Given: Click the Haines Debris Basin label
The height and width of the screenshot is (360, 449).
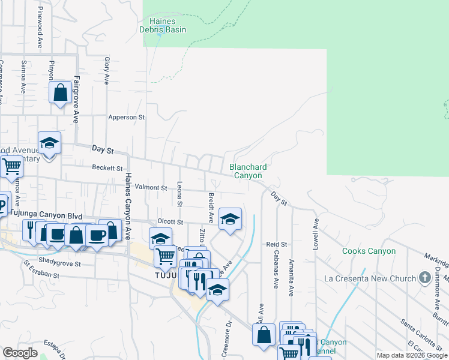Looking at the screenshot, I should click(x=163, y=25).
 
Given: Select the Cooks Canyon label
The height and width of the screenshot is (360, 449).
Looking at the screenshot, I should click(x=369, y=251).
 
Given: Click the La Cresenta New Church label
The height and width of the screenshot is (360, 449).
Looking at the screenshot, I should click(x=378, y=278).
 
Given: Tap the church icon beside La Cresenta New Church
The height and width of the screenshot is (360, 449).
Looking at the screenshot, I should click(x=425, y=278).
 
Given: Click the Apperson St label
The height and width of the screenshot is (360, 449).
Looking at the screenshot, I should click(x=127, y=118).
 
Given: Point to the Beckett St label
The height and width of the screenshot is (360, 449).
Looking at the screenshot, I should click(x=107, y=169).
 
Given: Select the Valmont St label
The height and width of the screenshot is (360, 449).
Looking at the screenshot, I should click(x=150, y=187).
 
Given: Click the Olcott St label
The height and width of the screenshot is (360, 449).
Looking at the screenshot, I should click(x=169, y=221).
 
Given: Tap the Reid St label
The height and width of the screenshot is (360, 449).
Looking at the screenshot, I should click(x=277, y=244).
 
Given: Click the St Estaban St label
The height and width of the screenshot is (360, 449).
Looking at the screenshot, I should click(x=41, y=269).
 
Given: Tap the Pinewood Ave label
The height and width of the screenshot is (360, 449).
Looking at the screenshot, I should click(x=40, y=35).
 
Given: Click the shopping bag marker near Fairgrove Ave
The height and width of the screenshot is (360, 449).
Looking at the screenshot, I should click(x=60, y=94).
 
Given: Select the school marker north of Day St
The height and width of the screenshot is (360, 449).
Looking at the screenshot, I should click(x=50, y=143).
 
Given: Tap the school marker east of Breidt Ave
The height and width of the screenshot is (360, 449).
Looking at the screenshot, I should click(x=230, y=219).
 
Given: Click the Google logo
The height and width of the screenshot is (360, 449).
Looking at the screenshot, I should click(x=20, y=353).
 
